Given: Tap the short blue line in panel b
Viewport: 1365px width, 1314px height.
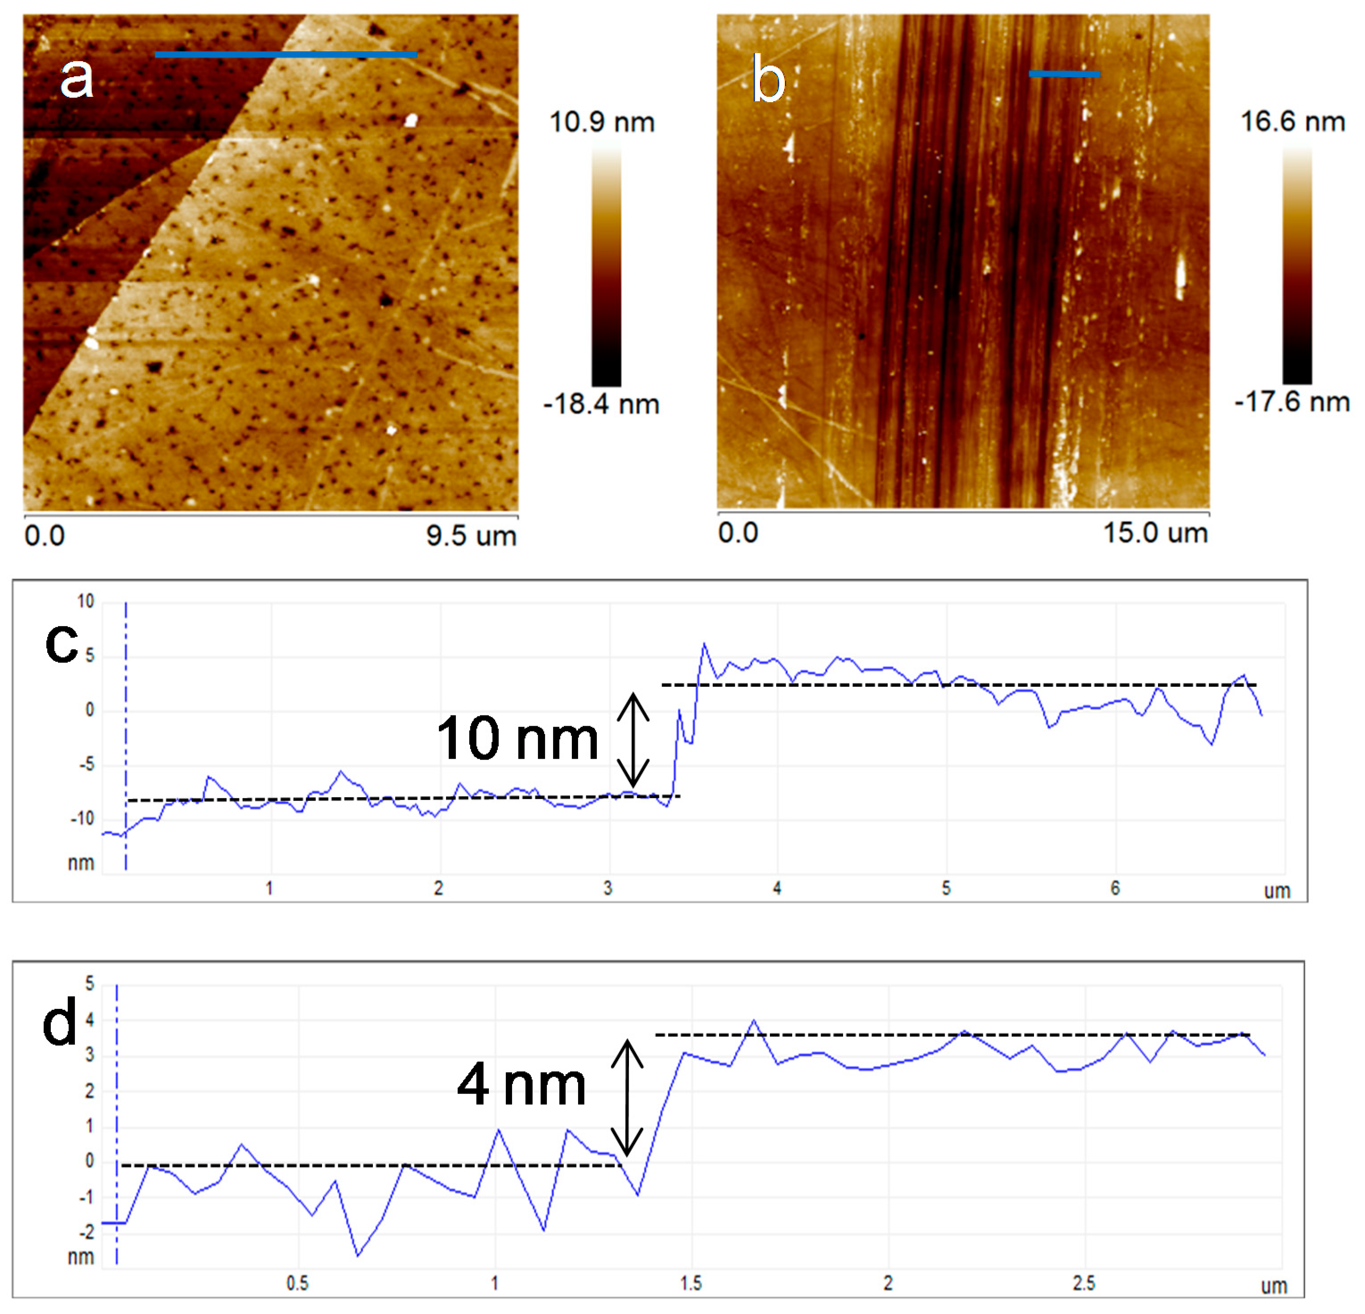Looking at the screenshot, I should [x=1064, y=74].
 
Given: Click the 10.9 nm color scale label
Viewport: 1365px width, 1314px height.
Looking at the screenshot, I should [x=602, y=123].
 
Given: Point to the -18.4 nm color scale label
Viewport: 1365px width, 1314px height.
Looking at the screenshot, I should [x=601, y=404].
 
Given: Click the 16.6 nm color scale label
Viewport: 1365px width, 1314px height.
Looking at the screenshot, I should [x=1293, y=122].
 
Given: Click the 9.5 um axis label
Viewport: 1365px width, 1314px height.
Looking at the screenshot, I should [x=472, y=536].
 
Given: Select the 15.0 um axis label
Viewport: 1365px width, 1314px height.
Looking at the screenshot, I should [x=1155, y=533].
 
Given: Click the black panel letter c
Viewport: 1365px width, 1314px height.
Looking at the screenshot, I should [x=61, y=643].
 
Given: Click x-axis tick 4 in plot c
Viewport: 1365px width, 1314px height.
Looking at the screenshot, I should [x=777, y=888].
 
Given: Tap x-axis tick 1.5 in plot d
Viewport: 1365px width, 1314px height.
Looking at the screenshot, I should [x=691, y=1283].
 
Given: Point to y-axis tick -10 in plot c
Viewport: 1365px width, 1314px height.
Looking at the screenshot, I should [x=82, y=819].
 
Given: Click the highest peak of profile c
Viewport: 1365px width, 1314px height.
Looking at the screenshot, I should [x=704, y=644].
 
